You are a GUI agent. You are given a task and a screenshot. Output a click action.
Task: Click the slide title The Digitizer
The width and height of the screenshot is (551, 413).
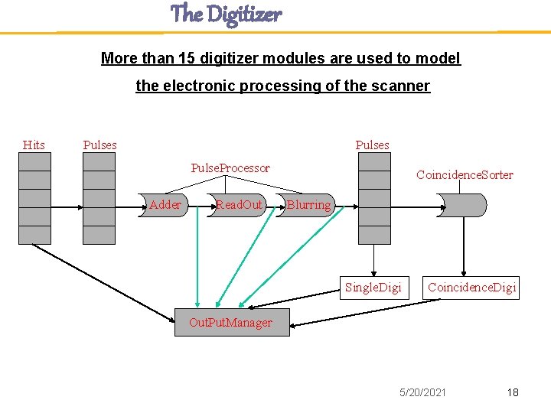pos(226,14)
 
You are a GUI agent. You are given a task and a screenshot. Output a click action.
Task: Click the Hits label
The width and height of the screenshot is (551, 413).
pos(34,145)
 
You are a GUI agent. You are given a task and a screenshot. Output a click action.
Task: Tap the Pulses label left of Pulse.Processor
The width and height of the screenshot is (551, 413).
pos(99,145)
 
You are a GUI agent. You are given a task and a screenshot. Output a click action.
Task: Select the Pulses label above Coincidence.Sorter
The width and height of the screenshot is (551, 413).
pos(372,145)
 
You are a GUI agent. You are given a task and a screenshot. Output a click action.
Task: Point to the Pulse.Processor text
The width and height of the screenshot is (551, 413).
pos(230,167)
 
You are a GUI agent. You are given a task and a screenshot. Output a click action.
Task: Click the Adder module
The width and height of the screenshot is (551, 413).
pos(166,205)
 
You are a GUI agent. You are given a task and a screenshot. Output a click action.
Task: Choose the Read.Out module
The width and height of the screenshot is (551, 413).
pos(240,205)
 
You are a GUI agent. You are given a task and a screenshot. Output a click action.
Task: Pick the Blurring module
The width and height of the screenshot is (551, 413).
pos(309,205)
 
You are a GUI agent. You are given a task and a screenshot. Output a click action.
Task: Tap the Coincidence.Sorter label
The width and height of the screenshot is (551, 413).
pos(465,174)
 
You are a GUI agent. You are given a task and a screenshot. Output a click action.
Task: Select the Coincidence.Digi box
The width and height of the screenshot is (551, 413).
pos(471,287)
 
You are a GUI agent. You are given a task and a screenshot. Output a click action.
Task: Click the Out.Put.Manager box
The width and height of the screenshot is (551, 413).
pos(230,322)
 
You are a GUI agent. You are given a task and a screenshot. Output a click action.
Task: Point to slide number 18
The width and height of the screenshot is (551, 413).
pos(512,392)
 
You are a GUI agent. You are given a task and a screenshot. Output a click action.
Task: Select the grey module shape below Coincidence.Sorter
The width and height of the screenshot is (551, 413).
pos(461,205)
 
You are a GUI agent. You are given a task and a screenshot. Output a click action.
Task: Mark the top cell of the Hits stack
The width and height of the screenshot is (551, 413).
pos(34,161)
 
